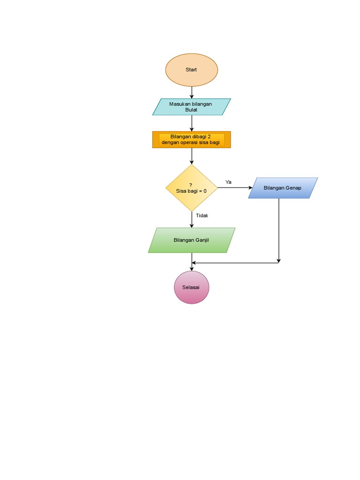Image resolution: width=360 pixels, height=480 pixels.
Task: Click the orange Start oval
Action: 191,70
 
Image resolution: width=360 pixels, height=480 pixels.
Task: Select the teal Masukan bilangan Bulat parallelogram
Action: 191,107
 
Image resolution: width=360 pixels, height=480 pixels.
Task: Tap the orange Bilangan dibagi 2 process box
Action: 191,140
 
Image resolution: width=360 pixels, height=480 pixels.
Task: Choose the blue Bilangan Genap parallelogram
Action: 283,188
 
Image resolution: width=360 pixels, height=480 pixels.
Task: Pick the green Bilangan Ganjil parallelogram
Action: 191,240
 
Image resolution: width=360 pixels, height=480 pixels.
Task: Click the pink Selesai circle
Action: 191,287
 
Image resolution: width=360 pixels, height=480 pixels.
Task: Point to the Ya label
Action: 228,181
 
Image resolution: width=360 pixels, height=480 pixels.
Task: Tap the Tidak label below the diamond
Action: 202,216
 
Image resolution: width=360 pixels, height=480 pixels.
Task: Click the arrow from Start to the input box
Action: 192,92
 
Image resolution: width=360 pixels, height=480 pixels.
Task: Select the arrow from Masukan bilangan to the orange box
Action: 192,123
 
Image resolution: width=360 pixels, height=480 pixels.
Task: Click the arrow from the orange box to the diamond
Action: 192,156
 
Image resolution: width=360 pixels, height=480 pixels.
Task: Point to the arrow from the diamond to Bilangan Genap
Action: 234,187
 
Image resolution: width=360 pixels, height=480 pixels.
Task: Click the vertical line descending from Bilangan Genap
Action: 279,230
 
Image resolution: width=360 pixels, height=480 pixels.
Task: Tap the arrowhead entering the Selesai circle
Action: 192,269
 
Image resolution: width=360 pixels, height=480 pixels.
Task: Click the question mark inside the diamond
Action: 191,185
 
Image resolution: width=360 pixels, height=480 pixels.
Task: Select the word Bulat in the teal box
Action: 191,110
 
